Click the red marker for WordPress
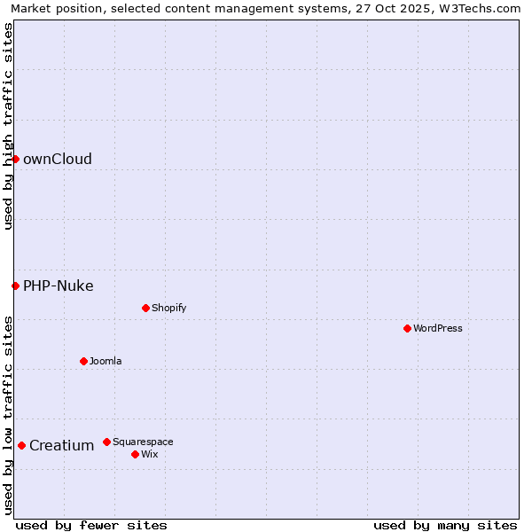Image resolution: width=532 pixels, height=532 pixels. coord(407,328)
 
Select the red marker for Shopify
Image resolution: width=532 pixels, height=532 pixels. coord(145,308)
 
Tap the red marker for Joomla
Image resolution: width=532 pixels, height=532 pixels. coord(83,361)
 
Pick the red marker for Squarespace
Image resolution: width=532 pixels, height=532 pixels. coord(106,442)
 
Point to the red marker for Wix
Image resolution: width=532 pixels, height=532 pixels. coord(135,454)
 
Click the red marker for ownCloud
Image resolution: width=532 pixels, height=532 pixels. coord(15,159)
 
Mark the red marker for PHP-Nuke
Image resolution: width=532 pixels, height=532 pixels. coord(15,286)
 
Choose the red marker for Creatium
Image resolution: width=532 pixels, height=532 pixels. coord(21,445)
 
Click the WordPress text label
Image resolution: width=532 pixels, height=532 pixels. coord(438,328)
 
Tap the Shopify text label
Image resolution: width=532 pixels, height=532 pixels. coord(168,308)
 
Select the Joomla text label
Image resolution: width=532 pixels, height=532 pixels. coord(106,361)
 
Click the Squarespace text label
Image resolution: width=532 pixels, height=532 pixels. coord(143,442)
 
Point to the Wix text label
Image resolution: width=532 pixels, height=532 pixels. coord(149,454)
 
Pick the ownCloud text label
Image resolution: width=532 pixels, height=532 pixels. coord(58,160)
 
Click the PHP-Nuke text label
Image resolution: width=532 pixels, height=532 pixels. coord(59,286)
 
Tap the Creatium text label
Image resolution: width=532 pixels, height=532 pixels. coord(62,445)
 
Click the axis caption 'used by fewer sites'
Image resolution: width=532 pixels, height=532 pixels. coord(91,525)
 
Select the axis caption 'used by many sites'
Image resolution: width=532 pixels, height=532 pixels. coord(445,525)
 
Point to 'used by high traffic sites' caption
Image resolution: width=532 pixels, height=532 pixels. coord(8,126)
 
